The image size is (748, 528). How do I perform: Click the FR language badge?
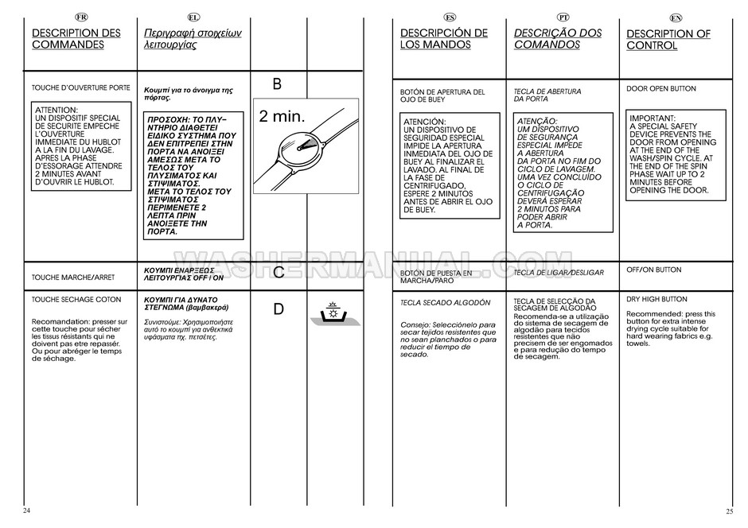tap(80, 17)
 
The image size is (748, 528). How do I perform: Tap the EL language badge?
tap(193, 17)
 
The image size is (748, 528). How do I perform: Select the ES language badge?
tap(450, 17)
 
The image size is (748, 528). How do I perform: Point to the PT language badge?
tap(563, 17)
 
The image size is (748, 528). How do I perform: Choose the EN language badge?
tap(676, 17)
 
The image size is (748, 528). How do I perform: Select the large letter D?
tap(279, 309)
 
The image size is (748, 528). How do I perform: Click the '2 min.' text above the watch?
tap(282, 116)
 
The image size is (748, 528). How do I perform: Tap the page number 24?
tap(27, 510)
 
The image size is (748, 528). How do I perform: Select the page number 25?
tap(729, 510)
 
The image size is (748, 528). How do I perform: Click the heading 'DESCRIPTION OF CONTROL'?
tap(668, 40)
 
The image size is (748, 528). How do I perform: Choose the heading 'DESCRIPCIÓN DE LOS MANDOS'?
tap(444, 39)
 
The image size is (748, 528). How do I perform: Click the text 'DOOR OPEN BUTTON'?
tap(661, 89)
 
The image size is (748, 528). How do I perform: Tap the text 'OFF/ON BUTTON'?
tap(654, 270)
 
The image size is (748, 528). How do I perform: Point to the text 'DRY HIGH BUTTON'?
tap(656, 300)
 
